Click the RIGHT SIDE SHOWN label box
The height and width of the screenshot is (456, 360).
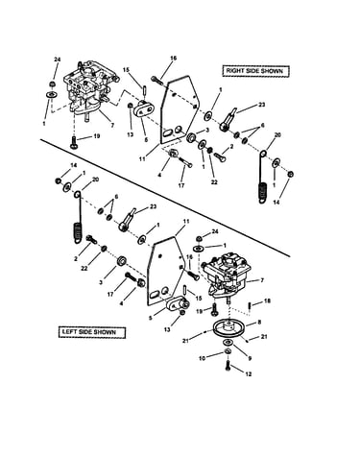point(255,71)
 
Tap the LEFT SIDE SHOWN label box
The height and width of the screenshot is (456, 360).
point(91,332)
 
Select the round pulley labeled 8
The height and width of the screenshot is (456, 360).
point(229,329)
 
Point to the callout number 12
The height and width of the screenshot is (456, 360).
point(248,373)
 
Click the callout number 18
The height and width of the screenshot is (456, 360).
point(267,301)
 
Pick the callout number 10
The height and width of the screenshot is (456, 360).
point(203,358)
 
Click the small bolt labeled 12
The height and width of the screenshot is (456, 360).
point(228,366)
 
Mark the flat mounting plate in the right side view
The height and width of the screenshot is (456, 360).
point(180,109)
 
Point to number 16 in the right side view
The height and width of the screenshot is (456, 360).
point(173,59)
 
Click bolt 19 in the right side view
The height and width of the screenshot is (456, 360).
point(74,142)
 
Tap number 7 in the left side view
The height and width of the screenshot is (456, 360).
point(262,280)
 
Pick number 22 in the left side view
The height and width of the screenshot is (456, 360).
point(84,269)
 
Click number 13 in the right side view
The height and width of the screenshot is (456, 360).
point(130,134)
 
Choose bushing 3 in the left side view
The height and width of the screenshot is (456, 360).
point(122,261)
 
